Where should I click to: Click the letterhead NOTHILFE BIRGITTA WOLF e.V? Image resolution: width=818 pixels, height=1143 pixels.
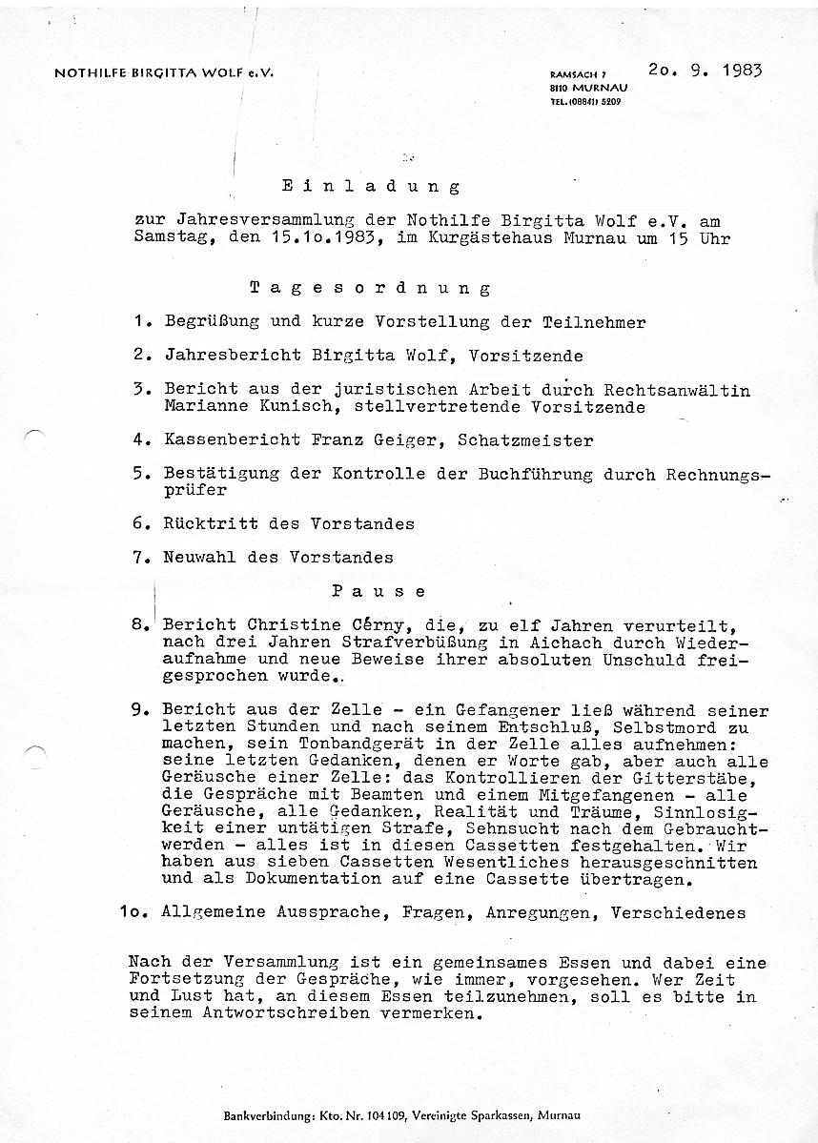click(x=164, y=73)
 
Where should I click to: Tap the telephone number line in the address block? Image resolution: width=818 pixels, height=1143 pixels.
click(x=584, y=101)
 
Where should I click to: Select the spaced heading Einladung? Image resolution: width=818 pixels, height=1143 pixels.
click(x=370, y=187)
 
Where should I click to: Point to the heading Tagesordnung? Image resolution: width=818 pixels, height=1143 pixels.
click(x=370, y=288)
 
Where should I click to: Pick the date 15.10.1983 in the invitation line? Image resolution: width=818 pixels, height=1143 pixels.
click(x=321, y=238)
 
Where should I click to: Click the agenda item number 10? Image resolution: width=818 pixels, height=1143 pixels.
click(x=135, y=912)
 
